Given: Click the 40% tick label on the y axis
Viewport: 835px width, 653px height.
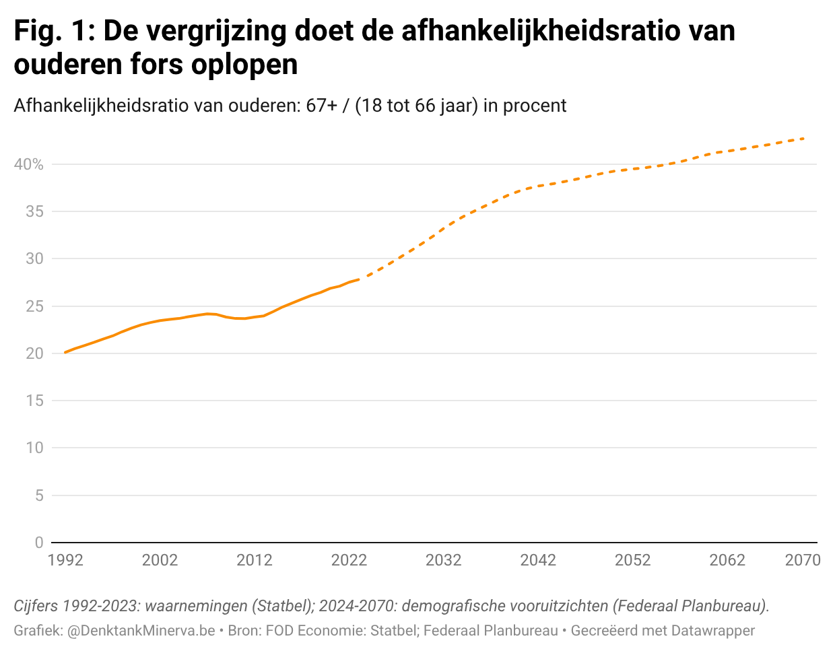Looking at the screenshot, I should click(28, 165).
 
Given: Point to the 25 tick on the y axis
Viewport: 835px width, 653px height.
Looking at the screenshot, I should click(34, 306).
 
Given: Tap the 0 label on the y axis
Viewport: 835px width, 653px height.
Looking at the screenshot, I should click(38, 543).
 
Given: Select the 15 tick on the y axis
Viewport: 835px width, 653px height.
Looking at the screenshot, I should click(34, 401).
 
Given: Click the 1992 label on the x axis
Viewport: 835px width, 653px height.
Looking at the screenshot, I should click(65, 560).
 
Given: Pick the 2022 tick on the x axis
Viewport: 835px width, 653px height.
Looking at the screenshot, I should click(349, 560).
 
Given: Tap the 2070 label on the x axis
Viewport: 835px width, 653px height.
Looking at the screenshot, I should click(803, 560).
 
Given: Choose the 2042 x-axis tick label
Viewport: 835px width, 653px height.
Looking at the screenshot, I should click(538, 560).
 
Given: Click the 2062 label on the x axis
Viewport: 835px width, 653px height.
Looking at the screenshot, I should click(727, 560).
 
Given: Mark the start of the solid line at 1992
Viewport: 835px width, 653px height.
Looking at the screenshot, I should click(65, 352).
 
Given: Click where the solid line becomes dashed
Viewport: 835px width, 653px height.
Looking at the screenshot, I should click(359, 279).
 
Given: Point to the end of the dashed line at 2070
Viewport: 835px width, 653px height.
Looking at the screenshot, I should click(804, 139).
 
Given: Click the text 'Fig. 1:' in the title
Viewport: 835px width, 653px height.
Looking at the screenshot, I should click(53, 32).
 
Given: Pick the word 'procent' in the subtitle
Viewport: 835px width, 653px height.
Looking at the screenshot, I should click(535, 106).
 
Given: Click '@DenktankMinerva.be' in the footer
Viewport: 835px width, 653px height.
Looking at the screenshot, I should click(141, 631).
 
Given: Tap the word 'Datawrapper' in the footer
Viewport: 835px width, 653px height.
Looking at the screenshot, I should click(713, 631).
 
